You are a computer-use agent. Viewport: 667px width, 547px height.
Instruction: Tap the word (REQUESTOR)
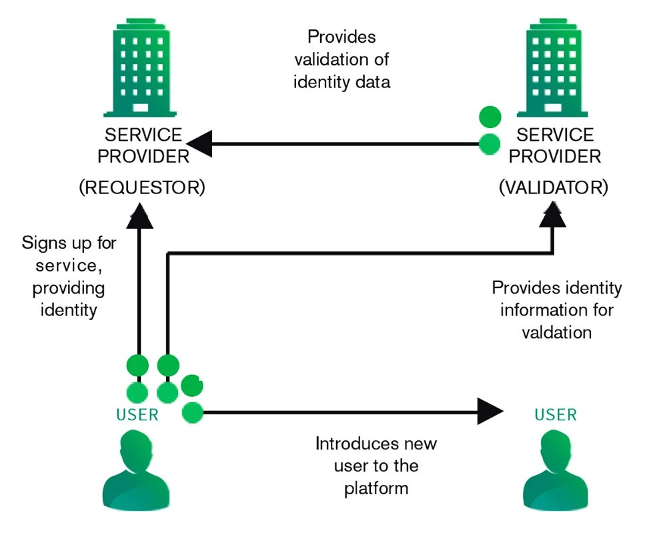tap(141, 187)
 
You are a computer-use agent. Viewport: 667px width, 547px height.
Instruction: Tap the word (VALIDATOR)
tap(554, 187)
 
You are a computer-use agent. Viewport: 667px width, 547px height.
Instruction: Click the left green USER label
tap(137, 415)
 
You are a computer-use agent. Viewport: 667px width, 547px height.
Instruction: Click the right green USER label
tap(556, 415)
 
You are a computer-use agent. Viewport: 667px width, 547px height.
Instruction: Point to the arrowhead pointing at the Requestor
tap(199, 143)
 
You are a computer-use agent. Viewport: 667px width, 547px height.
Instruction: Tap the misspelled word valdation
tap(557, 332)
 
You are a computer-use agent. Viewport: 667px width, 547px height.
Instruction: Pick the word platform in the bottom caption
tap(376, 488)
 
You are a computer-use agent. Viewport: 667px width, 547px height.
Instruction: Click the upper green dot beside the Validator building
tap(490, 117)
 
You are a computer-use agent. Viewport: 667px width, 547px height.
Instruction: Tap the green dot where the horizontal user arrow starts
tap(193, 413)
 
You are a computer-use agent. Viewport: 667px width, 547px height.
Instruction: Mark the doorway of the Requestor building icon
tap(140, 107)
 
